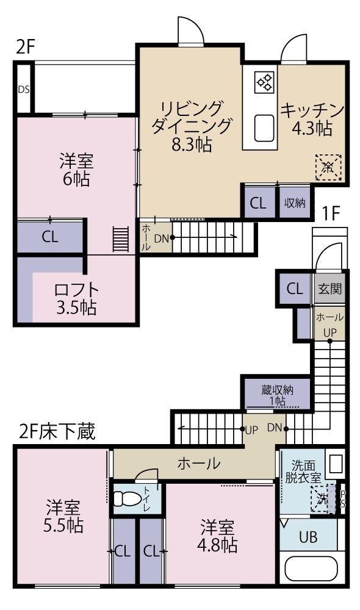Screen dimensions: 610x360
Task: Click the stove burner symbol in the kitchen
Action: (x=265, y=82)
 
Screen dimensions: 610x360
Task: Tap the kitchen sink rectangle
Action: (x=265, y=127)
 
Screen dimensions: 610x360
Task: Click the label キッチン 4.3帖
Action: (x=312, y=119)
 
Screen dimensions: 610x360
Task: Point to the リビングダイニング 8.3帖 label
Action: (x=192, y=126)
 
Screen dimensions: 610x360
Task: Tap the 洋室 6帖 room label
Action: (x=76, y=170)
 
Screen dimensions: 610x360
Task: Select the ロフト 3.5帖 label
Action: (x=76, y=298)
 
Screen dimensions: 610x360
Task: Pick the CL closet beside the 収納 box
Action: (x=258, y=203)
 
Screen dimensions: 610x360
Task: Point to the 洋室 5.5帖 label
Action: (x=63, y=515)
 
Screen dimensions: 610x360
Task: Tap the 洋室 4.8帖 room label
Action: (x=218, y=534)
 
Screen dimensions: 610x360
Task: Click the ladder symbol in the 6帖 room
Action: (x=121, y=239)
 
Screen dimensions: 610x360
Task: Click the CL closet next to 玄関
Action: (x=295, y=289)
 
